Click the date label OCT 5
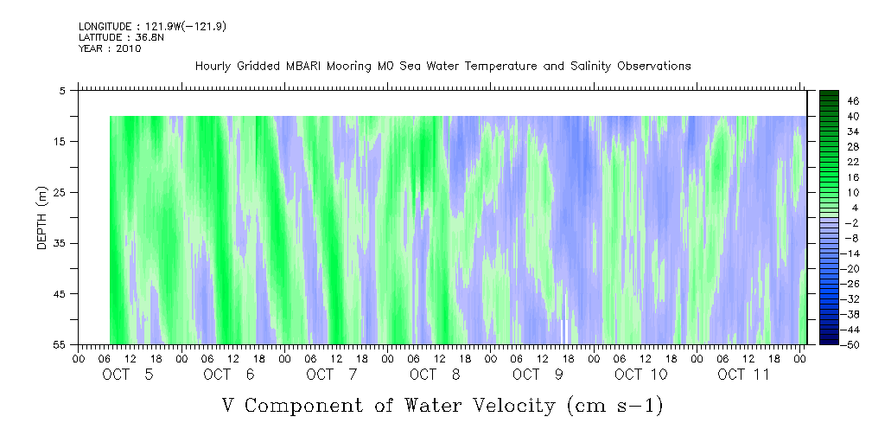coord(128,375)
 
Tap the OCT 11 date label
coord(743,375)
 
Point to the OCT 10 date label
coord(641,375)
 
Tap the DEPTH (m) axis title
coord(42,218)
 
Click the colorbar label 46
coord(853,101)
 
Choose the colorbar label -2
coord(850,223)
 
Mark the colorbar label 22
coord(853,162)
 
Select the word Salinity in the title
coord(590,67)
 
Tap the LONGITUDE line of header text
coord(152,27)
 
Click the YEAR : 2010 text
coord(110,48)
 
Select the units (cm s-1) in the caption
coord(615,406)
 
